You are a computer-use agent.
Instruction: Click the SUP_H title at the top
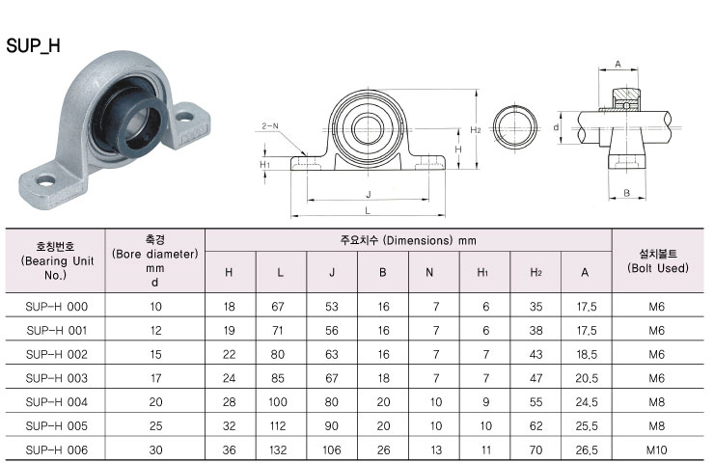[x=33, y=46]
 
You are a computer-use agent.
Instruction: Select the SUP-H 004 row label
[x=57, y=402]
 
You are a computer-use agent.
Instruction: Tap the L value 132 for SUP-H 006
[x=278, y=449]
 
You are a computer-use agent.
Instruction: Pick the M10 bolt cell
[x=656, y=449]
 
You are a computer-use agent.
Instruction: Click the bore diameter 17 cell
[x=155, y=378]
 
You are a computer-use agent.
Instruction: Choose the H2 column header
[x=535, y=272]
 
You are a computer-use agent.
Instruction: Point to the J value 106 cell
[x=332, y=449]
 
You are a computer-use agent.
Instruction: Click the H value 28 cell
[x=229, y=402]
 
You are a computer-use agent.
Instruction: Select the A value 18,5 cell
[x=587, y=354]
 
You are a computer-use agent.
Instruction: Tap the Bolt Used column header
[x=657, y=260]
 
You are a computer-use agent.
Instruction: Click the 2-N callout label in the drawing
[x=270, y=126]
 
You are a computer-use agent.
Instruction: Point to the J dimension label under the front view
[x=369, y=195]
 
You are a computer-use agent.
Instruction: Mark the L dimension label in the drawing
[x=368, y=211]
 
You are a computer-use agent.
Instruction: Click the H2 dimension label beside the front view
[x=476, y=130]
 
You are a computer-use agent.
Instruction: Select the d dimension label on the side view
[x=556, y=127]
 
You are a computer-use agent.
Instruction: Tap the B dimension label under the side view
[x=626, y=193]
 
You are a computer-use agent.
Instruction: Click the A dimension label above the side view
[x=618, y=65]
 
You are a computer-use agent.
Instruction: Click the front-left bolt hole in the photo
[x=46, y=181]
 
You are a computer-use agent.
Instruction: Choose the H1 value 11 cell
[x=486, y=449]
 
